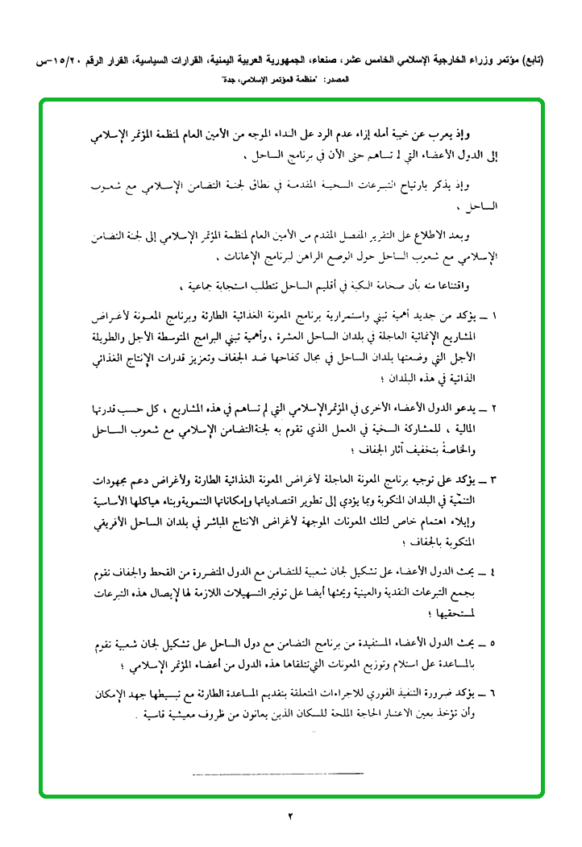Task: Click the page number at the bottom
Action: (291, 817)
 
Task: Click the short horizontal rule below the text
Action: (279, 774)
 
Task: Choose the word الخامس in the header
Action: (371, 60)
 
